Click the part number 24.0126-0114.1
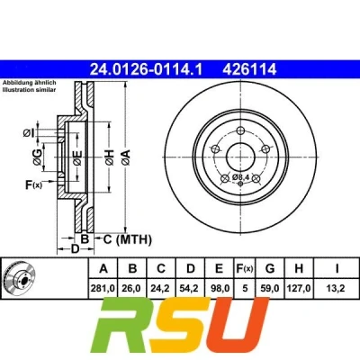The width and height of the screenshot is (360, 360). click(x=147, y=69)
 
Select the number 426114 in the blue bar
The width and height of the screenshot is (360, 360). click(x=249, y=69)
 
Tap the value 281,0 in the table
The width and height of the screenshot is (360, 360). click(x=103, y=289)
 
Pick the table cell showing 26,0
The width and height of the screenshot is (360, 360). click(x=131, y=289)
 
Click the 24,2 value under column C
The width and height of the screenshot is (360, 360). click(x=160, y=289)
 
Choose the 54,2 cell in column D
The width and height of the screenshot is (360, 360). click(x=189, y=289)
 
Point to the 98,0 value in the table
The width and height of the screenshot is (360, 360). click(x=220, y=289)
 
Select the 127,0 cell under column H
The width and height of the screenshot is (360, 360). click(x=299, y=289)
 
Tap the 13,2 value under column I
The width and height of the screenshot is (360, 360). click(x=336, y=289)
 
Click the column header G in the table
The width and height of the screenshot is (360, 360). click(x=270, y=268)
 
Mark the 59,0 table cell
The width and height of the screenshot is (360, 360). click(x=270, y=289)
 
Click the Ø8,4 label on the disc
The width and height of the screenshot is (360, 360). click(x=240, y=177)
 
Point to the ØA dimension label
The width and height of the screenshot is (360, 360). click(x=126, y=157)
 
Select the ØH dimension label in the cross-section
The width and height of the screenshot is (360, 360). click(x=110, y=157)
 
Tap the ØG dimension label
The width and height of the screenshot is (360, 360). click(x=37, y=157)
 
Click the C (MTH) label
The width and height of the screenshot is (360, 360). click(x=128, y=239)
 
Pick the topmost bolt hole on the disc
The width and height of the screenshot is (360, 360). click(x=240, y=130)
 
